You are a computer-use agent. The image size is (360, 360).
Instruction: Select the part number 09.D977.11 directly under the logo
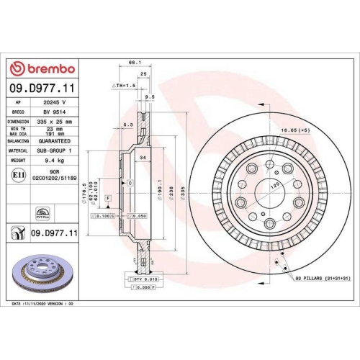point(43,88)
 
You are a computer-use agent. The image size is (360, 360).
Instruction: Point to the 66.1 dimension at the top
point(134,63)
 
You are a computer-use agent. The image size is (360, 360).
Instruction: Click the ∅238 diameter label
point(172,192)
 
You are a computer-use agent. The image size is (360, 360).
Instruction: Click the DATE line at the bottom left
point(44,304)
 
